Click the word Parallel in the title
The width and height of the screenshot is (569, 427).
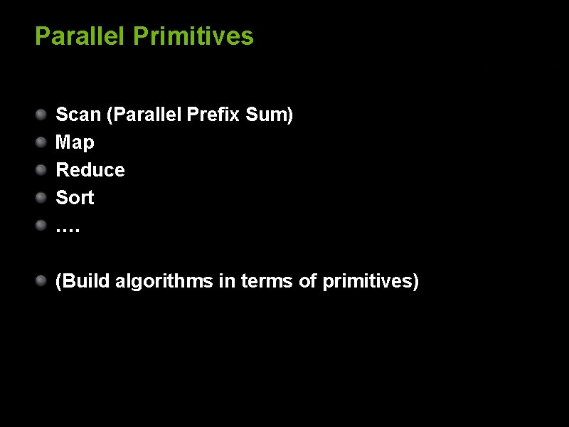coord(80,36)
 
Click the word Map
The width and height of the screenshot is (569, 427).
coord(75,142)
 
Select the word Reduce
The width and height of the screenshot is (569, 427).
coord(90,170)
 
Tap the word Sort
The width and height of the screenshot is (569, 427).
coord(75,198)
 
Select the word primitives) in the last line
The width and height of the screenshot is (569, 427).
coord(371,282)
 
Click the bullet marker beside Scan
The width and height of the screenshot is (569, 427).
coord(43,114)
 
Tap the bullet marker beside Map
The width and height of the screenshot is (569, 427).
coord(43,142)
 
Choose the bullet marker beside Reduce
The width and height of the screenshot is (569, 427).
coord(43,169)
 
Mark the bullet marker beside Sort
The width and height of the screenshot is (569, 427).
coord(43,197)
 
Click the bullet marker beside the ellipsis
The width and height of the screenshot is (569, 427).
coord(43,225)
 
